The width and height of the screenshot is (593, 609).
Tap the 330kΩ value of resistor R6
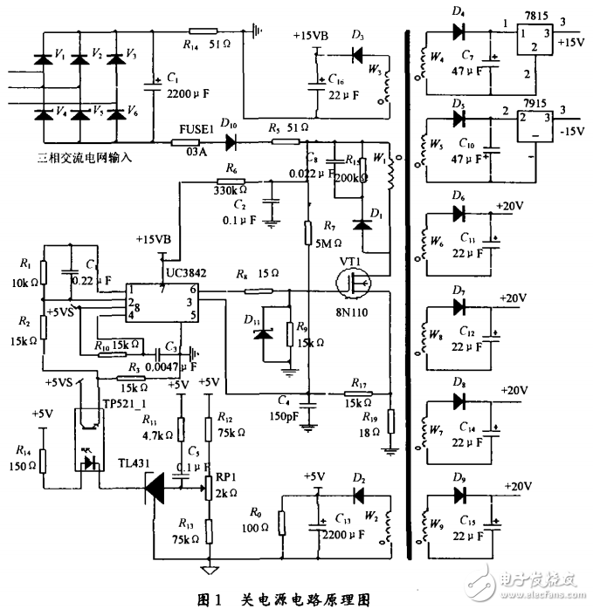[228, 188]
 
